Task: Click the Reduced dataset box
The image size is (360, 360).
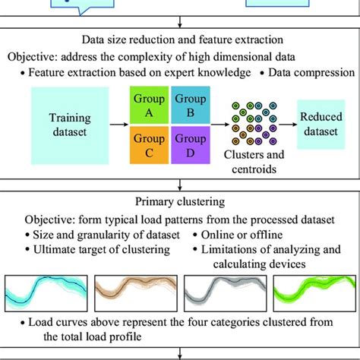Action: [x=320, y=122]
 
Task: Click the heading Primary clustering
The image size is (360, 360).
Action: [x=180, y=202]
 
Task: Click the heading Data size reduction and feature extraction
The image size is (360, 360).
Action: [x=180, y=40]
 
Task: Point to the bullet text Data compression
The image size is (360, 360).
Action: [x=310, y=73]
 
